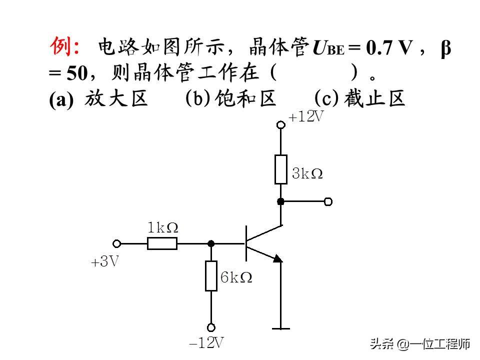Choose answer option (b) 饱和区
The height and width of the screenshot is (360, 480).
click(x=230, y=99)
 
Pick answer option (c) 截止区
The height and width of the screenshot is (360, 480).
click(x=359, y=99)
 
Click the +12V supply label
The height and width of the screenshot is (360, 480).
click(x=306, y=117)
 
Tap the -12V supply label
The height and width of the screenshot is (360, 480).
click(x=206, y=343)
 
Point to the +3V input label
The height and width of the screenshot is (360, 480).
click(x=105, y=262)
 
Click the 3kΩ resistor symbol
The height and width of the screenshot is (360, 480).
click(x=281, y=169)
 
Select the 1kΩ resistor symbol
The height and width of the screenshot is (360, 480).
click(x=162, y=243)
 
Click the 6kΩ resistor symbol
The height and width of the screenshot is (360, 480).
click(x=211, y=275)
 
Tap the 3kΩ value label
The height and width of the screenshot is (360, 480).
click(x=307, y=174)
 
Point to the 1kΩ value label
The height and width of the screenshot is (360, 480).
click(x=163, y=228)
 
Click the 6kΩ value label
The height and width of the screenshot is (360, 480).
click(x=236, y=277)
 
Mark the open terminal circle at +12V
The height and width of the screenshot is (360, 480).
click(x=281, y=124)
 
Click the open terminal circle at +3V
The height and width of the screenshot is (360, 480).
click(x=116, y=243)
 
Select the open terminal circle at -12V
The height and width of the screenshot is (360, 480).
click(x=211, y=327)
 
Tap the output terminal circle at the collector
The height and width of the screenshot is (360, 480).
click(x=328, y=201)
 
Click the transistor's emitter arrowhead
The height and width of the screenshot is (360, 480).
click(x=277, y=258)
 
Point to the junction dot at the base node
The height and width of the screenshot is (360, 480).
click(x=211, y=243)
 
